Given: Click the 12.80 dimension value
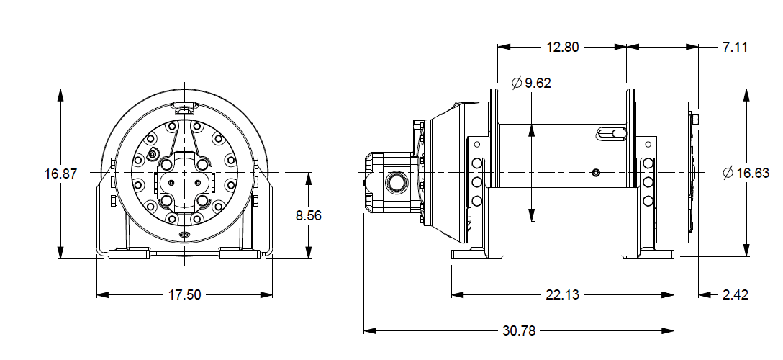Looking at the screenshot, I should click(561, 48).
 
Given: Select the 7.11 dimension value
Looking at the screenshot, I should click(735, 48).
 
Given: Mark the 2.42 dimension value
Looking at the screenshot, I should click(735, 294).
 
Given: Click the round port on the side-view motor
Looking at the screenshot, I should click(395, 183).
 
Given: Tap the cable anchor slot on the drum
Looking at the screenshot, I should click(611, 133).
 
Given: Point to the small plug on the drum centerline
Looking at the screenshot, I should click(594, 173).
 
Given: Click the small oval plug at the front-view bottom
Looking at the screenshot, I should click(184, 235).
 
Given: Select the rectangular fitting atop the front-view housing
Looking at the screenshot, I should click(185, 109).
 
